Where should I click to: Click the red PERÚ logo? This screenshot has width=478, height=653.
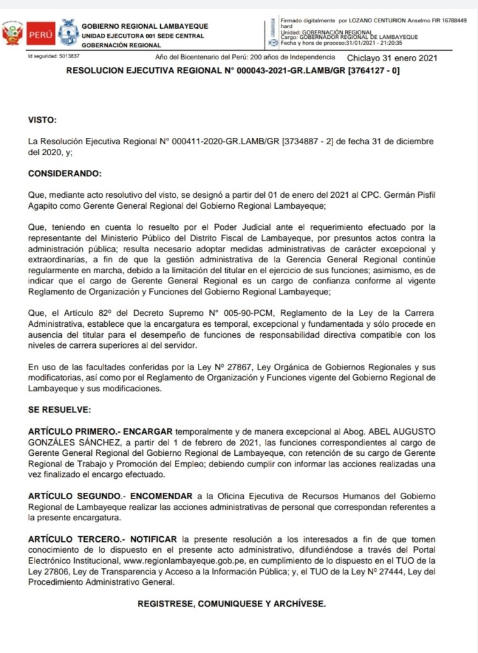40,33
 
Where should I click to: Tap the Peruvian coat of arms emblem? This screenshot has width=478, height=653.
12,33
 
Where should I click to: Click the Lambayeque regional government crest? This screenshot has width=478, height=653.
68,32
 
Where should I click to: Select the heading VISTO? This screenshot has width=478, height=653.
43,119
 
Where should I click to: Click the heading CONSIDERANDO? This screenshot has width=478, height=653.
65,173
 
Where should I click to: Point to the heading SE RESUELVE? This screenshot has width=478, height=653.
60,409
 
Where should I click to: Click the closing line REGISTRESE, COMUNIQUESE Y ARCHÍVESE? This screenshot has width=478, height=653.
232,603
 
